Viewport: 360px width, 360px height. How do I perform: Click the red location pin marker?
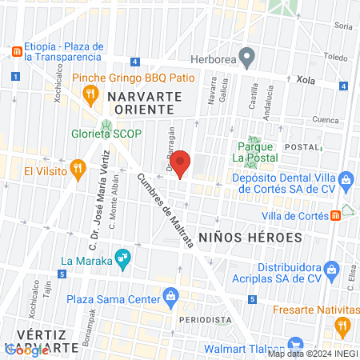coord(181,163)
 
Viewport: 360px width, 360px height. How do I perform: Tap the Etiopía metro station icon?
coord(15,51)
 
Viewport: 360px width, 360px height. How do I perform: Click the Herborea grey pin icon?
coord(248,58)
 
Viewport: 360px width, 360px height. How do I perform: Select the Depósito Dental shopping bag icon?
coord(345,178)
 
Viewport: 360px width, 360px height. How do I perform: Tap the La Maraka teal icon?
coord(122,258)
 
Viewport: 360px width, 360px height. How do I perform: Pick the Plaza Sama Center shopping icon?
coord(170,298)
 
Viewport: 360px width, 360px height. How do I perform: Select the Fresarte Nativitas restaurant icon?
coord(343,324)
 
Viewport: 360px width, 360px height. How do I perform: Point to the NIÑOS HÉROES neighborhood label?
coord(250,238)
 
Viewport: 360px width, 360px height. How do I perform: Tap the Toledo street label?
coord(337,58)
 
